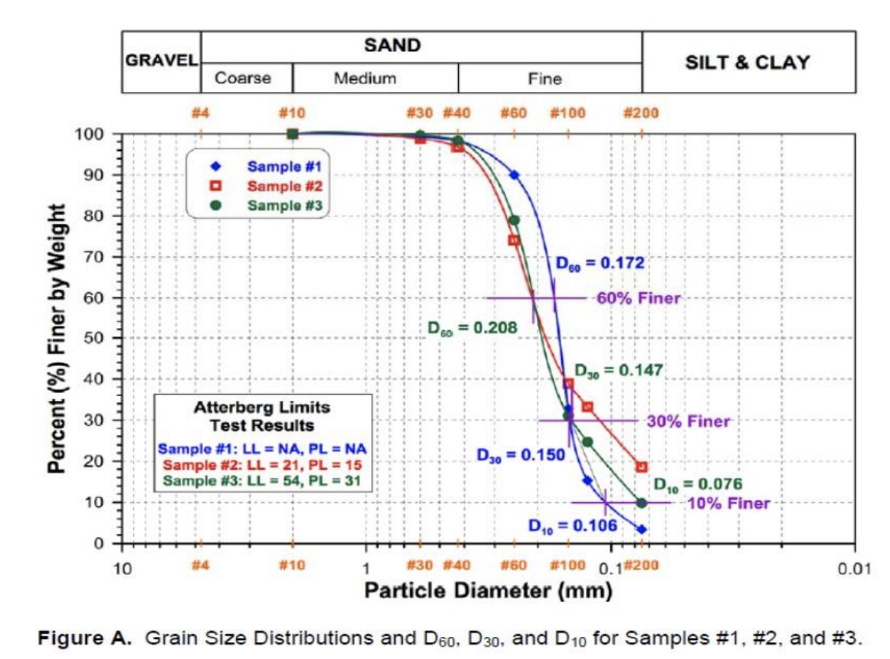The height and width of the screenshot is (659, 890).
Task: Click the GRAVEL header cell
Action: click(161, 61)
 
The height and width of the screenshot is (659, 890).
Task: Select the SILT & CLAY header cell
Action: click(748, 62)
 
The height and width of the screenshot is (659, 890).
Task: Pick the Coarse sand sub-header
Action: click(243, 78)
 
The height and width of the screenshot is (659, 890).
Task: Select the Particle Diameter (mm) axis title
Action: click(488, 590)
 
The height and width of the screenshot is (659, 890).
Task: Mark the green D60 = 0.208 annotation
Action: click(472, 328)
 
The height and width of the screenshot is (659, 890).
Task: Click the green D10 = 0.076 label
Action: click(697, 484)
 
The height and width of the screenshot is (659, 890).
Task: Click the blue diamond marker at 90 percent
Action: click(514, 175)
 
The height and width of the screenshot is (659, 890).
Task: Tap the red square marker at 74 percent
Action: click(514, 240)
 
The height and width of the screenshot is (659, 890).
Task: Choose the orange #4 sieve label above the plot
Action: click(201, 113)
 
